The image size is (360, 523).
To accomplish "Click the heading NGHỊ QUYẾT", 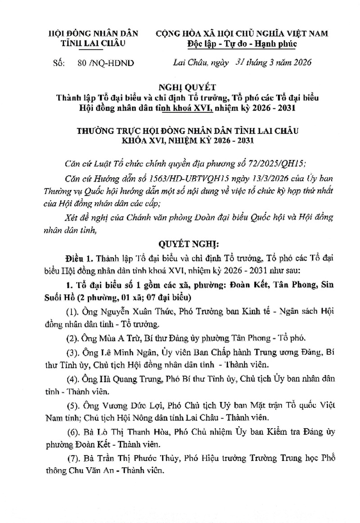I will point(180,87).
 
